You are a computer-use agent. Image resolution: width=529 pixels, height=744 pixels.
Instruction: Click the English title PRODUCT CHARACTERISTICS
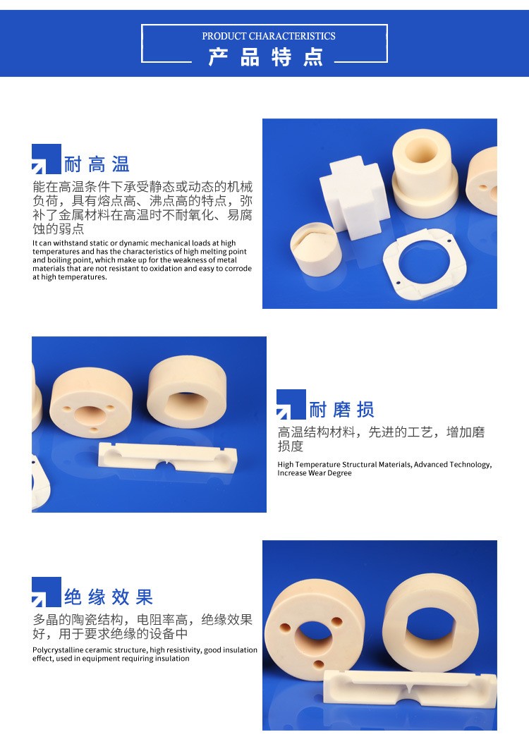269,36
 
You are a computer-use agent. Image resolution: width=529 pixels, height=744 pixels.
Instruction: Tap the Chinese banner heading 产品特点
266,57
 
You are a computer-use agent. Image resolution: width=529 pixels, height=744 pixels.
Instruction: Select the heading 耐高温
97,164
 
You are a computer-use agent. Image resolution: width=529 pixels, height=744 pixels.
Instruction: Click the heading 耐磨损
341,410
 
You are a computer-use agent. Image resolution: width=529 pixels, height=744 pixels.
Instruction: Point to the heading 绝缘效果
109,597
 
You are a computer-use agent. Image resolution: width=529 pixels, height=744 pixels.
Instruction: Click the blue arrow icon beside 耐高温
46,159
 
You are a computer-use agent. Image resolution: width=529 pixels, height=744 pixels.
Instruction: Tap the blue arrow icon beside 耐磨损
291,404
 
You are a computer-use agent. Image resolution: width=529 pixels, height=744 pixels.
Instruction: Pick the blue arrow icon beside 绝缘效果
46,592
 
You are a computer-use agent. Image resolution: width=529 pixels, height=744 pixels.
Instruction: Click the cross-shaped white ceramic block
354,197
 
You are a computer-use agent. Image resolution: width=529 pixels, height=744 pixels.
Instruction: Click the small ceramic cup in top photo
315,249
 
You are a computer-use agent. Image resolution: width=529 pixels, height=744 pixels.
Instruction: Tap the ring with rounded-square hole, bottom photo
430,621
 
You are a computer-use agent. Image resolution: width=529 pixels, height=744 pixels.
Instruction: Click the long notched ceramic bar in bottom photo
409,697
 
